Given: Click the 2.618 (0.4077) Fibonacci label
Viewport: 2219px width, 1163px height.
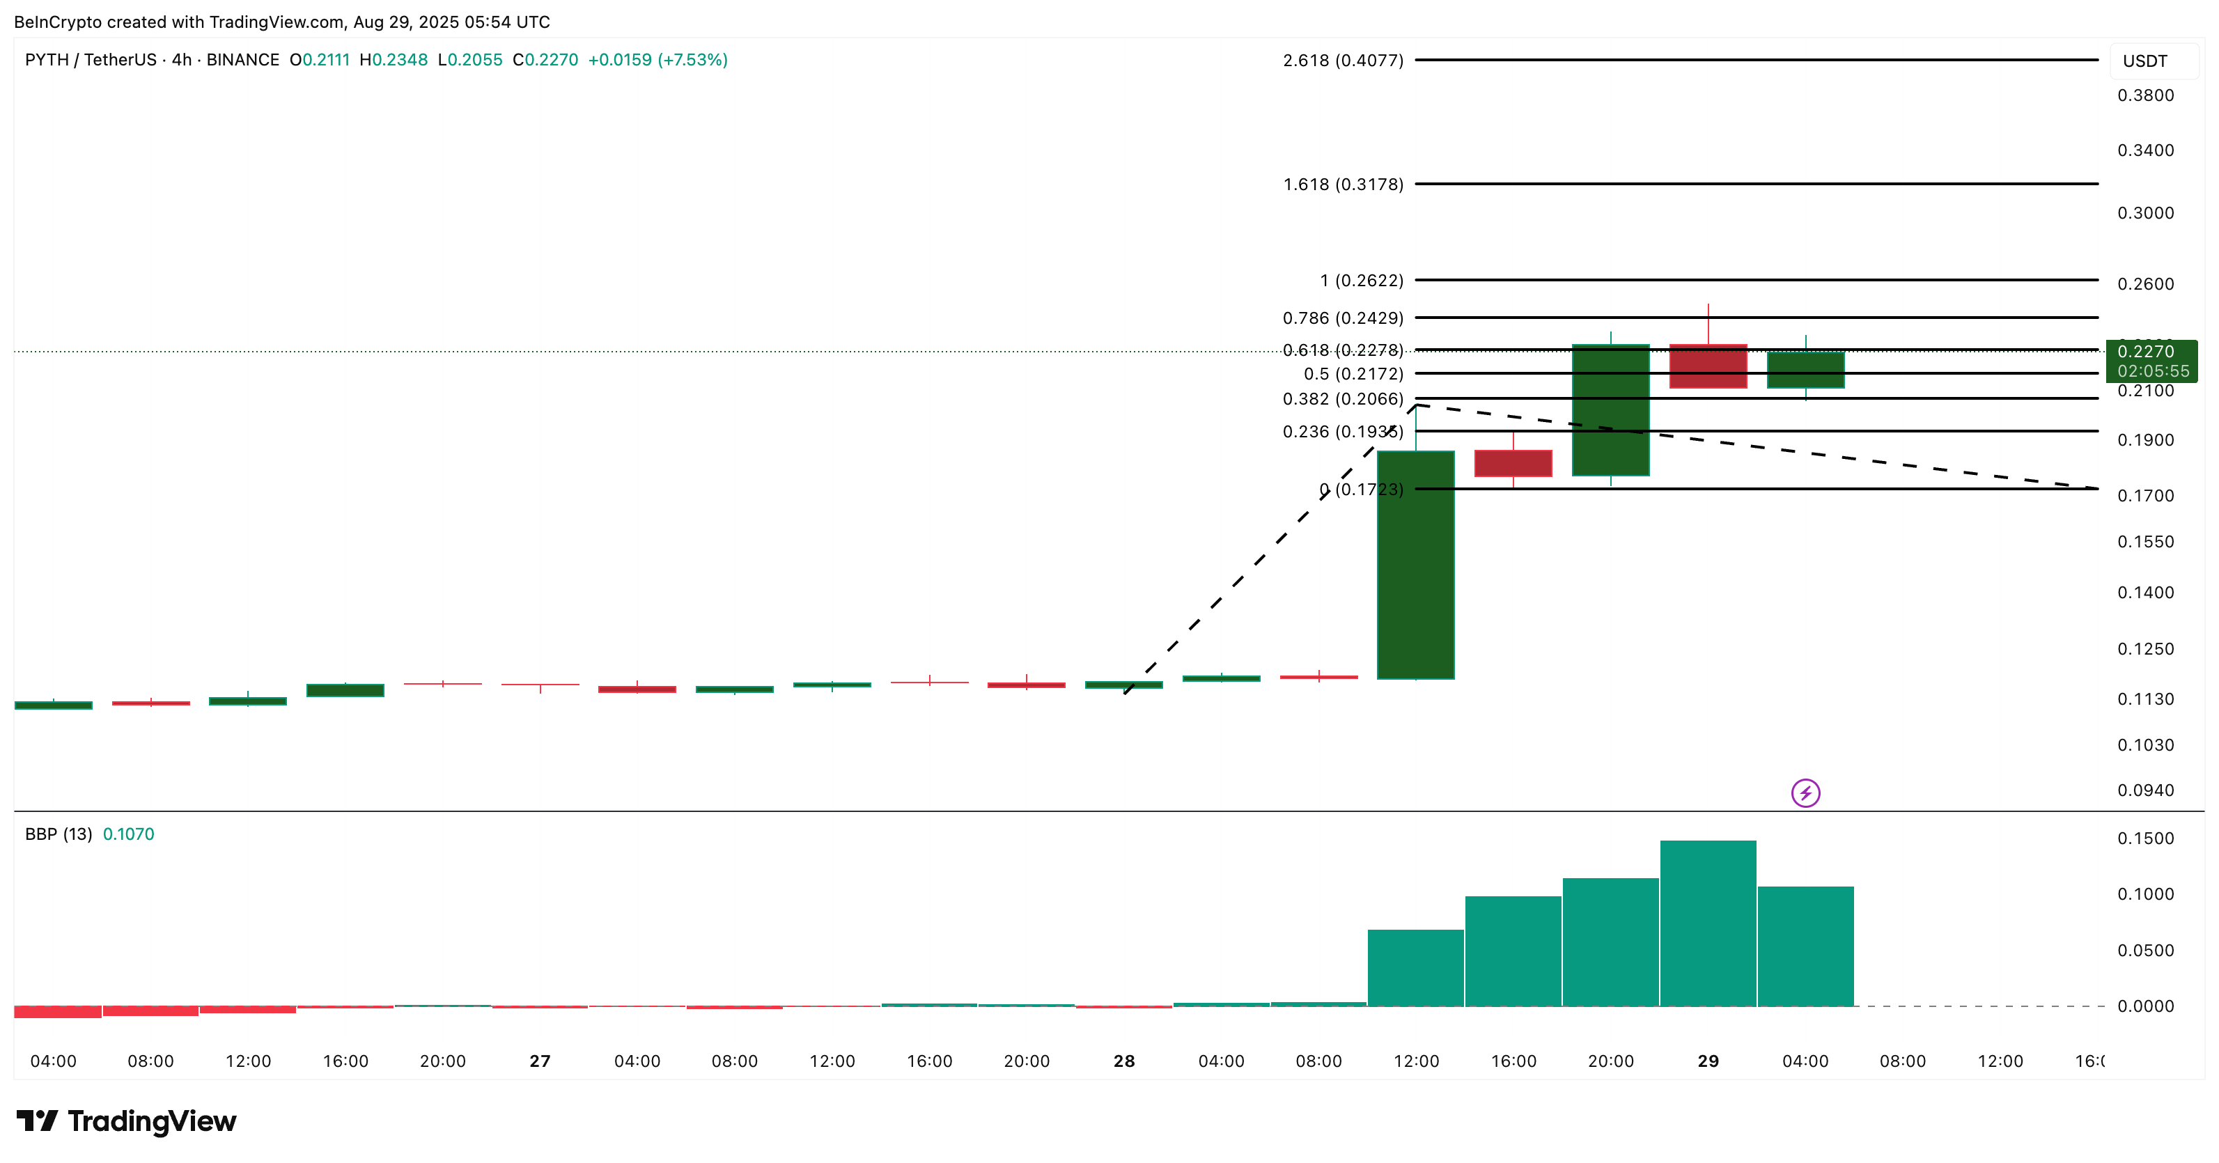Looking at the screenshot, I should click(x=1342, y=61).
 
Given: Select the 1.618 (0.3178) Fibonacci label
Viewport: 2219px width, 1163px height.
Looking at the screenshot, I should click(x=1342, y=185).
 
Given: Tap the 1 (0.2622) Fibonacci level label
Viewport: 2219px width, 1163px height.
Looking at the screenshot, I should click(x=1361, y=280).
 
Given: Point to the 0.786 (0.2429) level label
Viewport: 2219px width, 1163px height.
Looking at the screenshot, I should click(x=1342, y=318).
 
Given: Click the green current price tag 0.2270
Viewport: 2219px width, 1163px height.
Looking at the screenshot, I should click(x=2150, y=360).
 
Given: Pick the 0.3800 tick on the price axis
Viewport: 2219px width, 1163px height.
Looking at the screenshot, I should click(x=2145, y=95).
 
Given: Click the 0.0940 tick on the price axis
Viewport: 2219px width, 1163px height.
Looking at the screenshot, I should click(x=2145, y=790).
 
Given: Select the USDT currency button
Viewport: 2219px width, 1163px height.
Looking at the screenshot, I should click(x=2145, y=61).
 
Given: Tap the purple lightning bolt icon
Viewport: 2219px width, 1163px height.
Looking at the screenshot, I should click(x=1805, y=793).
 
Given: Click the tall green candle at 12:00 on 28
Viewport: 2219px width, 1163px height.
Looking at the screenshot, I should click(x=1415, y=564).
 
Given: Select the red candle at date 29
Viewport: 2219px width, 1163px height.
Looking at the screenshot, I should click(x=1708, y=366).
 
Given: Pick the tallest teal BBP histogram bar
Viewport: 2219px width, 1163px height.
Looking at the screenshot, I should click(x=1708, y=922).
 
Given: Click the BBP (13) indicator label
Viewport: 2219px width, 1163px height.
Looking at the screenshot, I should click(x=58, y=834).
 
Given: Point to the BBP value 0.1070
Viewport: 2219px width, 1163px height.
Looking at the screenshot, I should click(x=128, y=834).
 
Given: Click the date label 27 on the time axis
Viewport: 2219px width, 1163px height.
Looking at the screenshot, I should click(x=540, y=1061).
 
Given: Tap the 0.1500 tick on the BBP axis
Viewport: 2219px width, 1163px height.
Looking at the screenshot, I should click(x=2145, y=838).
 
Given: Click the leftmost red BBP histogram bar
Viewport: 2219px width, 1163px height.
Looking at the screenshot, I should click(x=58, y=1011).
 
